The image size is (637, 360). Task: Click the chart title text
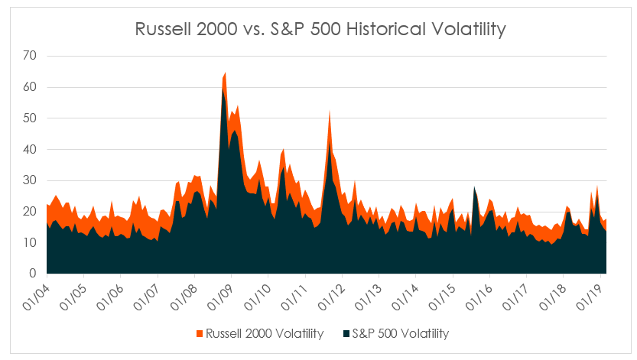point(320,30)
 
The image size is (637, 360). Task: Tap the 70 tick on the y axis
point(30,56)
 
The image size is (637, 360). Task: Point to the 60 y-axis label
point(30,87)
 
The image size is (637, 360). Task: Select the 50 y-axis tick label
point(30,118)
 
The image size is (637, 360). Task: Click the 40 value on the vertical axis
point(30,150)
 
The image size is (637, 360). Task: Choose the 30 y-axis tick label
point(30,180)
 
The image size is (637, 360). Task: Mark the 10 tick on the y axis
point(30,242)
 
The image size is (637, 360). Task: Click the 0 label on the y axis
point(33,274)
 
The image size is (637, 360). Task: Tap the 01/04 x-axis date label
point(37,294)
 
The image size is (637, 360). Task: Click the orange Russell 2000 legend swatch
point(201,333)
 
